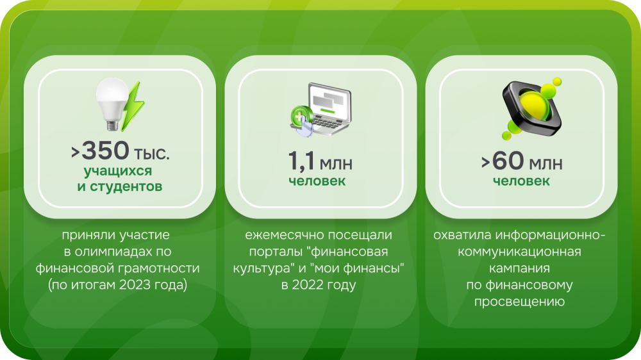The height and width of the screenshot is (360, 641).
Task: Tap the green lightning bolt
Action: tap(133, 106)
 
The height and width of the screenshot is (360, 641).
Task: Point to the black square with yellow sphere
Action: tap(531, 108)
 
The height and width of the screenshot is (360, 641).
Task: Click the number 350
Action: tap(106, 151)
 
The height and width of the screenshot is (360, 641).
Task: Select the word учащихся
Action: tap(118, 171)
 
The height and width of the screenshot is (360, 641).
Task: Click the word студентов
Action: tap(126, 186)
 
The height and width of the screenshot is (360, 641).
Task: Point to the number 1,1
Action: tap(301, 160)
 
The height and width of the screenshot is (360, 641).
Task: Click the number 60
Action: tap(508, 160)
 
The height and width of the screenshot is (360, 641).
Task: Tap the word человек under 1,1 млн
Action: tap(317, 181)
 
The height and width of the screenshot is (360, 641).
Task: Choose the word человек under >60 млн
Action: tap(521, 181)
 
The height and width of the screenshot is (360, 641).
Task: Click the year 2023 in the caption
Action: tap(135, 284)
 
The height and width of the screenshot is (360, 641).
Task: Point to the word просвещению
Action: tap(519, 302)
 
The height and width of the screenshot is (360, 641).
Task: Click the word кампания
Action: tap(519, 268)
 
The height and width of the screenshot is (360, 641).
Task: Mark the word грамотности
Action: tap(159, 268)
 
